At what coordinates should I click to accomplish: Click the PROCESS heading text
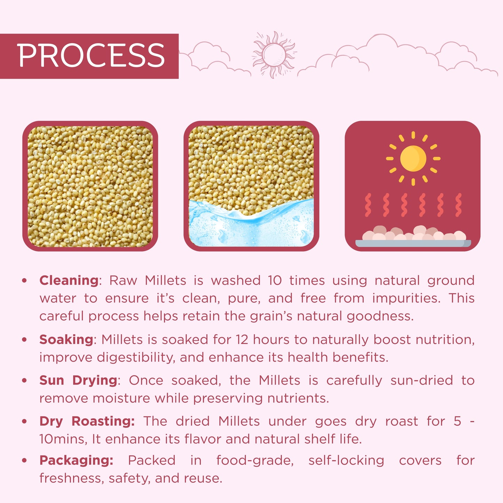click(91, 56)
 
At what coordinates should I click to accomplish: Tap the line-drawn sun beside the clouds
click(274, 54)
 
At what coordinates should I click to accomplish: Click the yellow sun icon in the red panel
click(413, 158)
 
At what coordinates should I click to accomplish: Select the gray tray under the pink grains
click(413, 243)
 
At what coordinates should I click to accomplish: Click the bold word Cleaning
click(69, 281)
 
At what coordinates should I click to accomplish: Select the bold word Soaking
click(66, 340)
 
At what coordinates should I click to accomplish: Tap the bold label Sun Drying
click(78, 380)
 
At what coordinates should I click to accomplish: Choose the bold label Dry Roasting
click(87, 421)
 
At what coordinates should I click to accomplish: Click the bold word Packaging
click(76, 460)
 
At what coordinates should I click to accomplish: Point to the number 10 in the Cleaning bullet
click(275, 281)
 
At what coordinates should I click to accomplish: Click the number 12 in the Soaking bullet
click(242, 340)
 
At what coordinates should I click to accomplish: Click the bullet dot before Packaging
click(24, 460)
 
